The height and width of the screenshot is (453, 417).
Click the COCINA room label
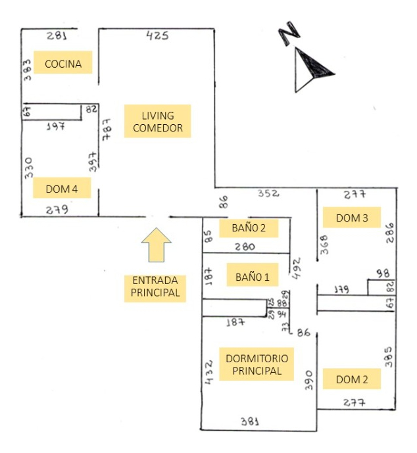tap(62, 64)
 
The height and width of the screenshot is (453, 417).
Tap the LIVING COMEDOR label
tap(158, 121)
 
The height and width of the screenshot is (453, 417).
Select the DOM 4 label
tap(62, 189)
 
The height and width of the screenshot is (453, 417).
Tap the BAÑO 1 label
tap(253, 277)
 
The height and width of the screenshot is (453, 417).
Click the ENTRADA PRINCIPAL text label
tap(155, 287)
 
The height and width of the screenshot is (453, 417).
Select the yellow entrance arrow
tap(157, 245)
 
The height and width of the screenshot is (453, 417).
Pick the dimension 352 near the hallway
tap(268, 194)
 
